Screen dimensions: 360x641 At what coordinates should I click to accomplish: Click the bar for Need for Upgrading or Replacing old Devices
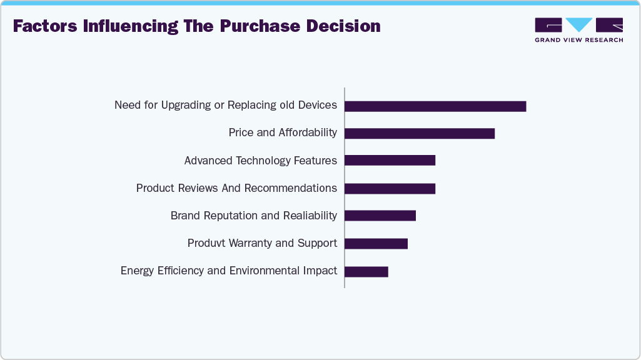tap(435, 106)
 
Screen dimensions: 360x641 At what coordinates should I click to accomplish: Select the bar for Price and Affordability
tap(420, 134)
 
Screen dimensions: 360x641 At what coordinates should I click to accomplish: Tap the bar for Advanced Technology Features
tap(390, 161)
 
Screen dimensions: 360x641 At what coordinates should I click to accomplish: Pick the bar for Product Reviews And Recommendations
tap(390, 188)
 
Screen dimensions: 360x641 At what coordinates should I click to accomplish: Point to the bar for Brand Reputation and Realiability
tap(380, 216)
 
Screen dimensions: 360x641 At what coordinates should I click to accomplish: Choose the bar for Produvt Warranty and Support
tap(376, 243)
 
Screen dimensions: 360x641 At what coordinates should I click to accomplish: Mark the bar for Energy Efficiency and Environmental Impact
tap(366, 271)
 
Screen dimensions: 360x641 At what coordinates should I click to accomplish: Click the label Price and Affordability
tap(283, 132)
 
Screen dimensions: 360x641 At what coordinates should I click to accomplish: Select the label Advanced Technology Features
tap(260, 161)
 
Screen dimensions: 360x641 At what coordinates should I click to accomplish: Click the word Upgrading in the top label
tap(186, 105)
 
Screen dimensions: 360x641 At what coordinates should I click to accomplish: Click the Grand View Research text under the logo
tap(578, 40)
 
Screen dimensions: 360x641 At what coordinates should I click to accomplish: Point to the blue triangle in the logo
tap(578, 24)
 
